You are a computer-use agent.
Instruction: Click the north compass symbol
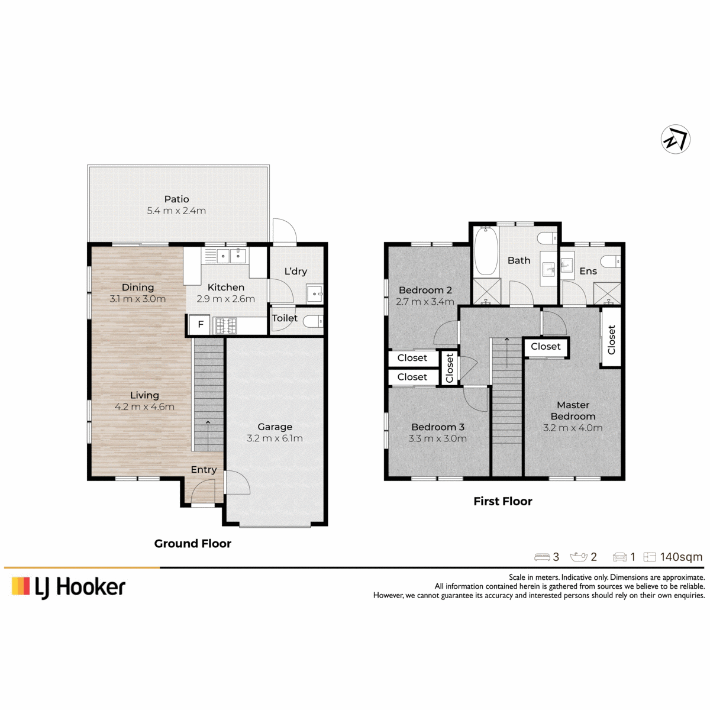click(x=675, y=139)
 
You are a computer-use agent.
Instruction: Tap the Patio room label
click(x=176, y=199)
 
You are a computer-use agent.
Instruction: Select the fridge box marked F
click(x=200, y=324)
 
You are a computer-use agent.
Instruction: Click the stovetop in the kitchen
click(x=226, y=325)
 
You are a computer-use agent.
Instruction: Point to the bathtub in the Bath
click(x=486, y=250)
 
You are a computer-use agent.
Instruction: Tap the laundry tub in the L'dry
click(x=315, y=293)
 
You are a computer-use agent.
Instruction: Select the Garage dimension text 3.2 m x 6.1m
click(x=275, y=438)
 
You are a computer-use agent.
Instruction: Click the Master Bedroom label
click(x=573, y=411)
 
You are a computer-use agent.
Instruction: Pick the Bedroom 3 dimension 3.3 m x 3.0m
click(x=437, y=439)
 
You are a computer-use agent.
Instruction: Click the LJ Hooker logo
click(x=69, y=588)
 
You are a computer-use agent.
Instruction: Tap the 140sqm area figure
click(x=681, y=557)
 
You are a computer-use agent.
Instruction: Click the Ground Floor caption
click(x=193, y=544)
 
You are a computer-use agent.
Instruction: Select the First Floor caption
click(x=503, y=501)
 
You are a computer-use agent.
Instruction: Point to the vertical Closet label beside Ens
click(x=611, y=340)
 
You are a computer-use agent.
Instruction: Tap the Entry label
click(x=204, y=470)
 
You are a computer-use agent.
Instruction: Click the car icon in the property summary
click(x=619, y=557)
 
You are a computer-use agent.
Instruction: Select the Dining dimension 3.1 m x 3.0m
click(x=138, y=299)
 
